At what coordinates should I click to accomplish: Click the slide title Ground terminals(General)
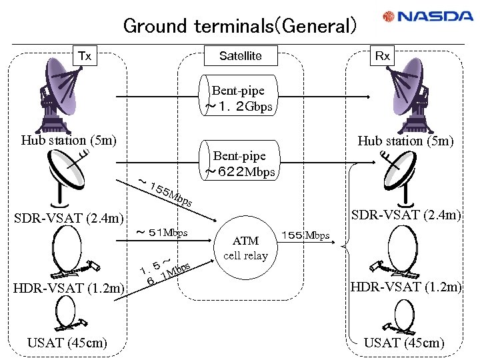[240, 26]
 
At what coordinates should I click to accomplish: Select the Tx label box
[85, 56]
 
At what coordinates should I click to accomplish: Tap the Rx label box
[382, 56]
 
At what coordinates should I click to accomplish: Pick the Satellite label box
[240, 56]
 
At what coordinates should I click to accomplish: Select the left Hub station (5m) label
[69, 140]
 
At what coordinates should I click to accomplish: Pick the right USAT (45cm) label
[404, 343]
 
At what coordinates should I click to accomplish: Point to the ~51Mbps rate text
[162, 233]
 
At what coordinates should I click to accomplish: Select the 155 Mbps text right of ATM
[305, 236]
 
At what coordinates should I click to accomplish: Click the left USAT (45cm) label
[66, 343]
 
